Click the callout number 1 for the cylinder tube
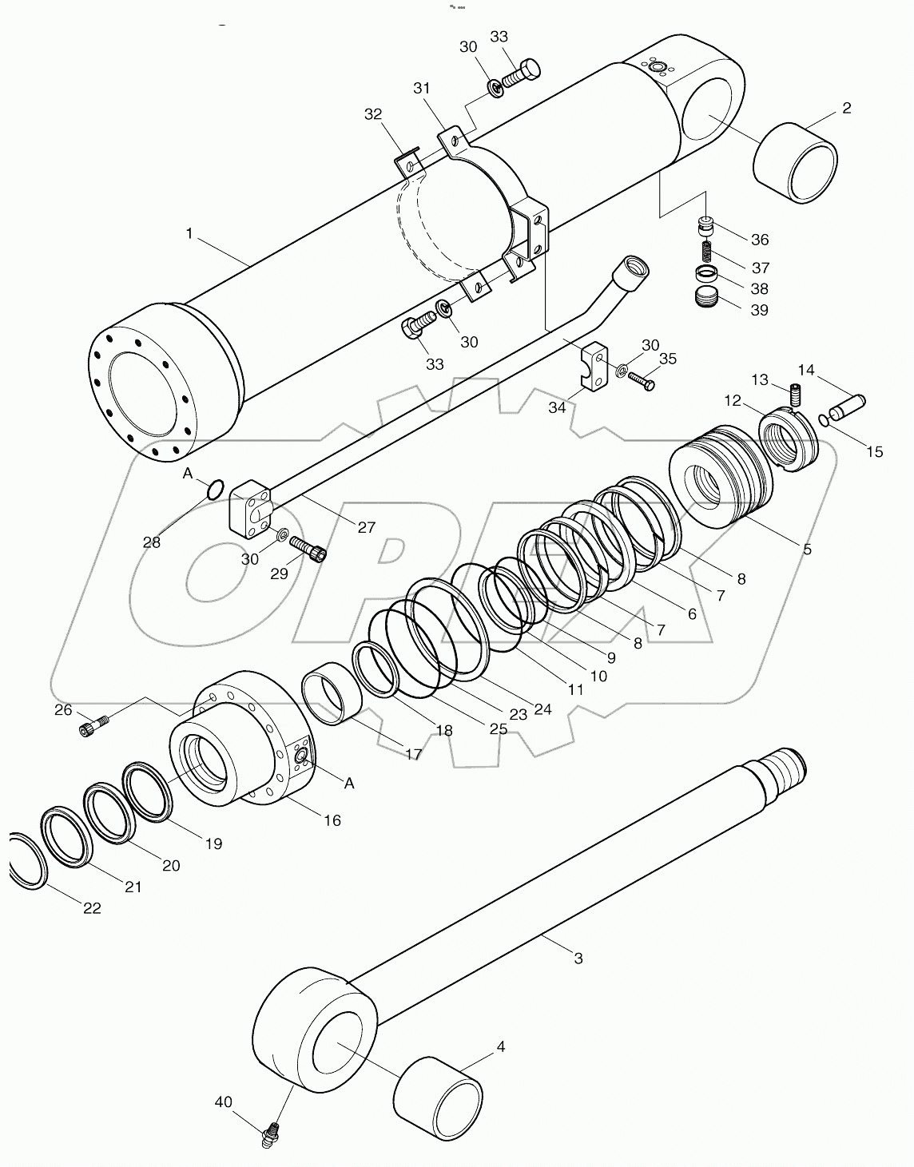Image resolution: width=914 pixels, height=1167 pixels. coord(189,233)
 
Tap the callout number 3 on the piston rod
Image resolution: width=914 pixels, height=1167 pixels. coord(578,958)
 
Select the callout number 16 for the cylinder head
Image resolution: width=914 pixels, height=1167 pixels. coord(332,820)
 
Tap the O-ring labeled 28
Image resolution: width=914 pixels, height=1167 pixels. coord(213,489)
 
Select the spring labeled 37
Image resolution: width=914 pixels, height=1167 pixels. coord(706,252)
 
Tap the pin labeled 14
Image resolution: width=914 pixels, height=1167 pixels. coord(847,401)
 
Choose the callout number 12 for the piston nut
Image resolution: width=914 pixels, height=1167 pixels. coord(733,400)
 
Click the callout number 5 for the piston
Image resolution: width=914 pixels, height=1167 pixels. coord(807,549)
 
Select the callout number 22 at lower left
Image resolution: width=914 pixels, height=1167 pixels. coord(93,908)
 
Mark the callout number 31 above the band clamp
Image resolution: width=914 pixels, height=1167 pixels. coord(422,88)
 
